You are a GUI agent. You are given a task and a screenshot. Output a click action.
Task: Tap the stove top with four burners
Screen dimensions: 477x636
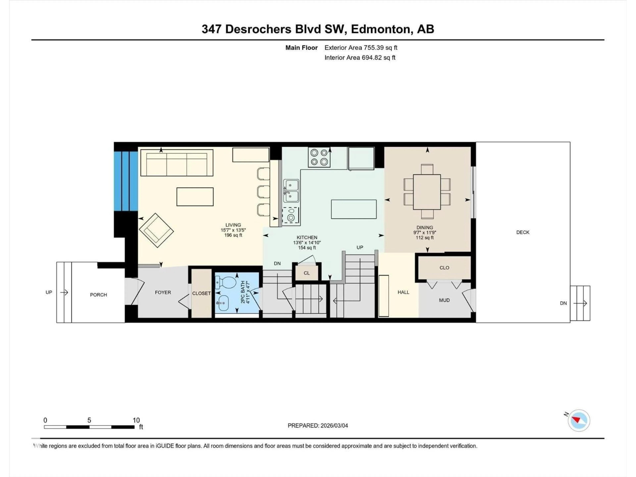pyautogui.click(x=319, y=157)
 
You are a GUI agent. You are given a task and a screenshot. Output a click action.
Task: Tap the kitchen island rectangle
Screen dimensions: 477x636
pyautogui.click(x=354, y=209)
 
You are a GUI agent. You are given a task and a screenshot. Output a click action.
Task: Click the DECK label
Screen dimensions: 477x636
pyautogui.click(x=522, y=232)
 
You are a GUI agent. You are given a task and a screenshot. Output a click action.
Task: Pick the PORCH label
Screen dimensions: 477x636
pyautogui.click(x=98, y=295)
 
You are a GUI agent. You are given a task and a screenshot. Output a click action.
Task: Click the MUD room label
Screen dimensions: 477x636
pyautogui.click(x=444, y=300)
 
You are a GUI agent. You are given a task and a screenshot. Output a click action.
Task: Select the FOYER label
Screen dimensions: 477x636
pyautogui.click(x=163, y=292)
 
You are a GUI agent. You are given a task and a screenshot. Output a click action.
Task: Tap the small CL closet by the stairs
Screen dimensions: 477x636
pyautogui.click(x=307, y=273)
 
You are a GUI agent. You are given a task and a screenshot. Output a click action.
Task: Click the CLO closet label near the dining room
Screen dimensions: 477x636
pyautogui.click(x=444, y=268)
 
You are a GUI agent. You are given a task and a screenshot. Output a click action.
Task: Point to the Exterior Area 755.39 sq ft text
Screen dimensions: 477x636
pyautogui.click(x=361, y=48)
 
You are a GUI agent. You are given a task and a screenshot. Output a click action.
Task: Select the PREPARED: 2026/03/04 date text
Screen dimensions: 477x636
pyautogui.click(x=318, y=425)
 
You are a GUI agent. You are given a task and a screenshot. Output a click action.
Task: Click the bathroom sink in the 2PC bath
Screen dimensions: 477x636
pyautogui.click(x=223, y=303)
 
